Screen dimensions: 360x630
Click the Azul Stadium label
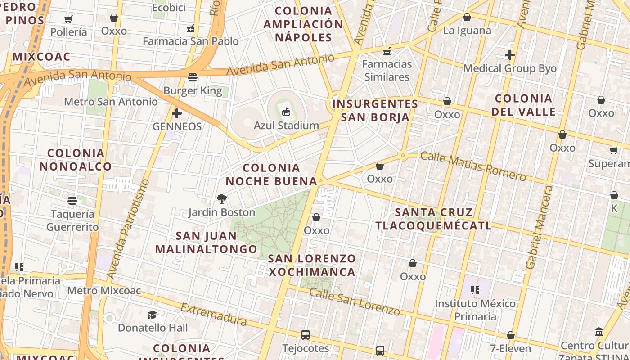click(286, 125)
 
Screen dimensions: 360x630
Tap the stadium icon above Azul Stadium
click(286, 112)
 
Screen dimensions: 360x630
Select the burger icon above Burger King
click(193, 77)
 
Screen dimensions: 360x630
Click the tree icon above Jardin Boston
click(221, 198)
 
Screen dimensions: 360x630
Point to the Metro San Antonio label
click(111, 102)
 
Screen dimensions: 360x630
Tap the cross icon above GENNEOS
click(177, 113)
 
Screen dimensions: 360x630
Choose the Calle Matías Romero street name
click(473, 166)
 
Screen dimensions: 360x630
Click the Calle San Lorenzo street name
click(355, 301)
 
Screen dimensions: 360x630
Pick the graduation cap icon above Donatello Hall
click(153, 315)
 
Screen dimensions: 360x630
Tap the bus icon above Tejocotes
click(306, 334)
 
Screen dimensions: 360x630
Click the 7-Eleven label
click(511, 348)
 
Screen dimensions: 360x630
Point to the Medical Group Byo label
click(510, 68)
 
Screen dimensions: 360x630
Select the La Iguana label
click(467, 31)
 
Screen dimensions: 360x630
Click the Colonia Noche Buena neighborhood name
click(271, 174)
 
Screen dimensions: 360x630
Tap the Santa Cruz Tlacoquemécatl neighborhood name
click(434, 219)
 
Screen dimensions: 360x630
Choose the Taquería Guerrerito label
click(72, 220)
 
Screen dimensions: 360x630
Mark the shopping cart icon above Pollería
click(68, 19)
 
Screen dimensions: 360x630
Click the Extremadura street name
click(214, 314)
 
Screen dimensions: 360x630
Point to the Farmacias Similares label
click(387, 70)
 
